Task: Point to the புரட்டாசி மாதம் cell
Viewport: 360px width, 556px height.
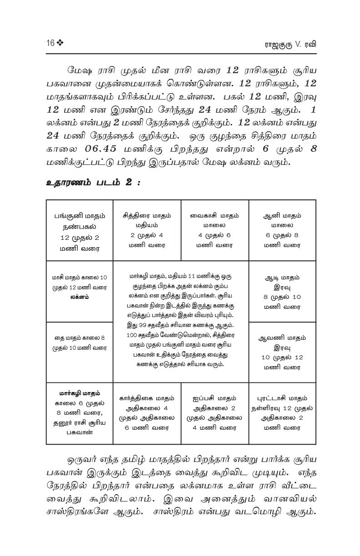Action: click(282, 413)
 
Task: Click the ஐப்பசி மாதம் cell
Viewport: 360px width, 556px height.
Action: click(215, 413)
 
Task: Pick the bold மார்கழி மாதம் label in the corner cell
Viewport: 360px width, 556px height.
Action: click(80, 393)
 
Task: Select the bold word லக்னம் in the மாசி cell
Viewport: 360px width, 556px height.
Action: click(80, 297)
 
